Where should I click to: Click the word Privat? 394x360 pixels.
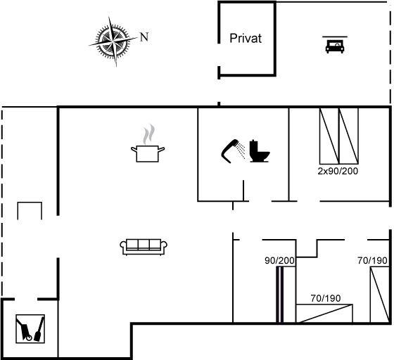click(246, 39)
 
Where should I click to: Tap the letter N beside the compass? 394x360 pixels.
click(144, 37)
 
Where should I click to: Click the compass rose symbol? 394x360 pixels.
click(113, 41)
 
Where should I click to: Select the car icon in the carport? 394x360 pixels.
click(335, 45)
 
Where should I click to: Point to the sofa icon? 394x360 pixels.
click(144, 247)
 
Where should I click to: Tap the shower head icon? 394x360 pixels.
click(233, 151)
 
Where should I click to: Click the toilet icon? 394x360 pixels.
click(259, 151)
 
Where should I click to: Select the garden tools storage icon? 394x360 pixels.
click(30, 328)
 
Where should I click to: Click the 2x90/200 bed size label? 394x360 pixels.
click(338, 172)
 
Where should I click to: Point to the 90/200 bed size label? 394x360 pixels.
click(279, 261)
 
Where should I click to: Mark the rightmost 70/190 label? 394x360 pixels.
click(372, 261)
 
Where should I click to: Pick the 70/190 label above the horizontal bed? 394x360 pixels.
click(326, 298)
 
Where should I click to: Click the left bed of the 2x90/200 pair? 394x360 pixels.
click(329, 136)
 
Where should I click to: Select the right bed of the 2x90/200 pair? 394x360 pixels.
click(348, 136)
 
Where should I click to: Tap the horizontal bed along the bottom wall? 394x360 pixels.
click(324, 314)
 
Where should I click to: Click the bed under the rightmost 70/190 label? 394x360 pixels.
click(380, 295)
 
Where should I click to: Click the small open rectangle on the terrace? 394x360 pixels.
click(30, 202)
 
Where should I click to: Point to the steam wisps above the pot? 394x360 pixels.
click(148, 134)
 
